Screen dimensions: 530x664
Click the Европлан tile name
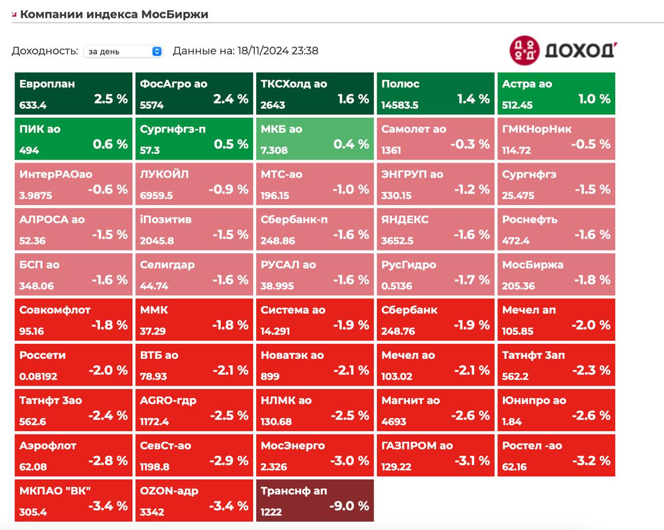coord(47,84)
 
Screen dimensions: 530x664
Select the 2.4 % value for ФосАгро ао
coord(231,98)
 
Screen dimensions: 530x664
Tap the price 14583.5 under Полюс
coord(400,105)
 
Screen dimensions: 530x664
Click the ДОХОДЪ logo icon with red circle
coord(524,50)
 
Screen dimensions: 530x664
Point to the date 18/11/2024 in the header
coord(263,51)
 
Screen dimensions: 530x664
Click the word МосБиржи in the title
coord(175,15)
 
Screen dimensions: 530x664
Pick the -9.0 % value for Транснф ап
coord(349,506)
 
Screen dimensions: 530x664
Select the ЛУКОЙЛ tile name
coord(164,174)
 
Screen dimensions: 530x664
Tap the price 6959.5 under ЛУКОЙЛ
coord(157,195)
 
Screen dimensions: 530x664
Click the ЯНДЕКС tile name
coord(405,219)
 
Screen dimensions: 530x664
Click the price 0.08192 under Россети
coord(38,376)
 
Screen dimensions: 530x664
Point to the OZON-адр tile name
coord(169,491)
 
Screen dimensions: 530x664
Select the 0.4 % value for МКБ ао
coord(351,144)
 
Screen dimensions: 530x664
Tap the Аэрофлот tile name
coord(48,446)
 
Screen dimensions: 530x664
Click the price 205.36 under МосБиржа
coord(518,286)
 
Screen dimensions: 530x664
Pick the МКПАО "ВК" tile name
coord(55,491)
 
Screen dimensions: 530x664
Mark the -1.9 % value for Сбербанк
coord(472,325)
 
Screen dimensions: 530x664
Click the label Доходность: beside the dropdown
coord(45,51)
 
